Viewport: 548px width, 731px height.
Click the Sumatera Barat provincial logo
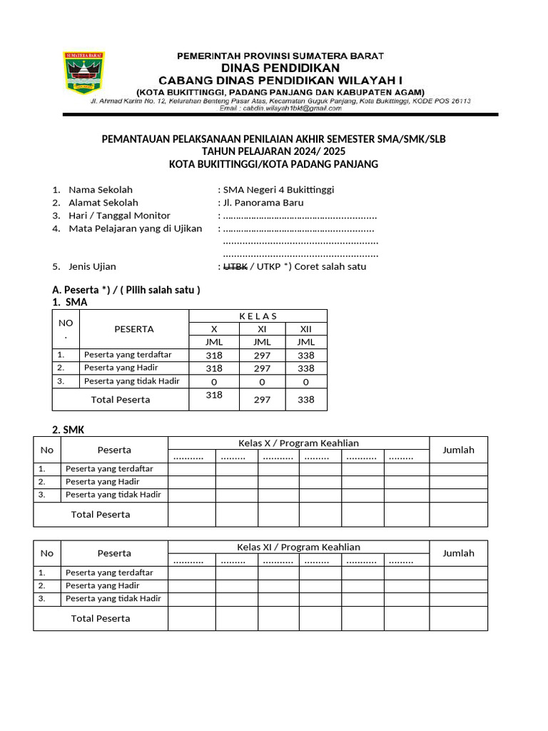click(x=84, y=72)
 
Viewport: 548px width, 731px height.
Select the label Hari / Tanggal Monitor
click(x=119, y=216)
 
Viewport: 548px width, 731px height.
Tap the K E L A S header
click(x=258, y=316)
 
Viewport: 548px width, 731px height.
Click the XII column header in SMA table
click(x=306, y=329)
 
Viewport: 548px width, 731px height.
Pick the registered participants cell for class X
click(x=213, y=356)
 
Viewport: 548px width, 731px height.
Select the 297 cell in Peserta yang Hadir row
click(x=262, y=368)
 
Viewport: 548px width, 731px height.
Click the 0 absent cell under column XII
click(x=306, y=382)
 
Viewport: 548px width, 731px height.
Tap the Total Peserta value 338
click(x=306, y=400)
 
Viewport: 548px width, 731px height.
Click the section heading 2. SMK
click(x=68, y=430)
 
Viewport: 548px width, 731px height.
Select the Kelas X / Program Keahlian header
click(x=298, y=443)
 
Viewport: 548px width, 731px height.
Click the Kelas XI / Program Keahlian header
click(x=298, y=547)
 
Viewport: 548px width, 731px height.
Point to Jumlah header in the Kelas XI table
click(x=458, y=553)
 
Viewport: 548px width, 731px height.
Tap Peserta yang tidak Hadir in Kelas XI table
click(x=113, y=598)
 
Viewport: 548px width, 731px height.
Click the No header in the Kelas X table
click(x=47, y=450)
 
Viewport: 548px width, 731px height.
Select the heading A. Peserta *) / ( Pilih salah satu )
click(x=126, y=290)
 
